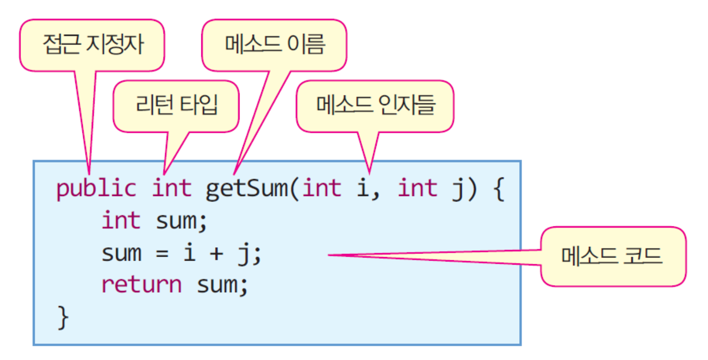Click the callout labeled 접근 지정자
tap(92, 45)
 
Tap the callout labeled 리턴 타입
tap(176, 106)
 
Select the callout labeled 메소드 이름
tap(274, 45)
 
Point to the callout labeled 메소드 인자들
tap(375, 106)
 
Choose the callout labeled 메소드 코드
tap(613, 256)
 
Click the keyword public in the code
tap(96, 188)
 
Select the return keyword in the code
tap(142, 285)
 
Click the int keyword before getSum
tap(172, 188)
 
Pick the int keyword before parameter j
tap(417, 188)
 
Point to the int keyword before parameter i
tap(322, 188)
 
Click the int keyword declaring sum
tap(121, 221)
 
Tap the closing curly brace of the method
tap(63, 317)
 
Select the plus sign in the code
tap(216, 254)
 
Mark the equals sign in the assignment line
tap(162, 254)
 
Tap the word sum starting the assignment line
tap(121, 254)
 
